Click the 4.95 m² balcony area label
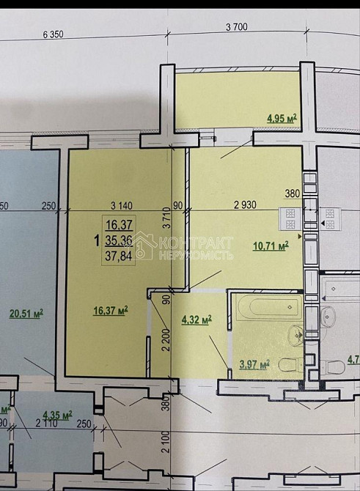[x=282, y=117]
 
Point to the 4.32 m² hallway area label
[x=196, y=320]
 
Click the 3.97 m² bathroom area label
[x=253, y=363]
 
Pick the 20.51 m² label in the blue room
[x=26, y=313]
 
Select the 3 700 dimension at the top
[x=237, y=28]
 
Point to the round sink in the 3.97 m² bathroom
[x=296, y=336]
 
